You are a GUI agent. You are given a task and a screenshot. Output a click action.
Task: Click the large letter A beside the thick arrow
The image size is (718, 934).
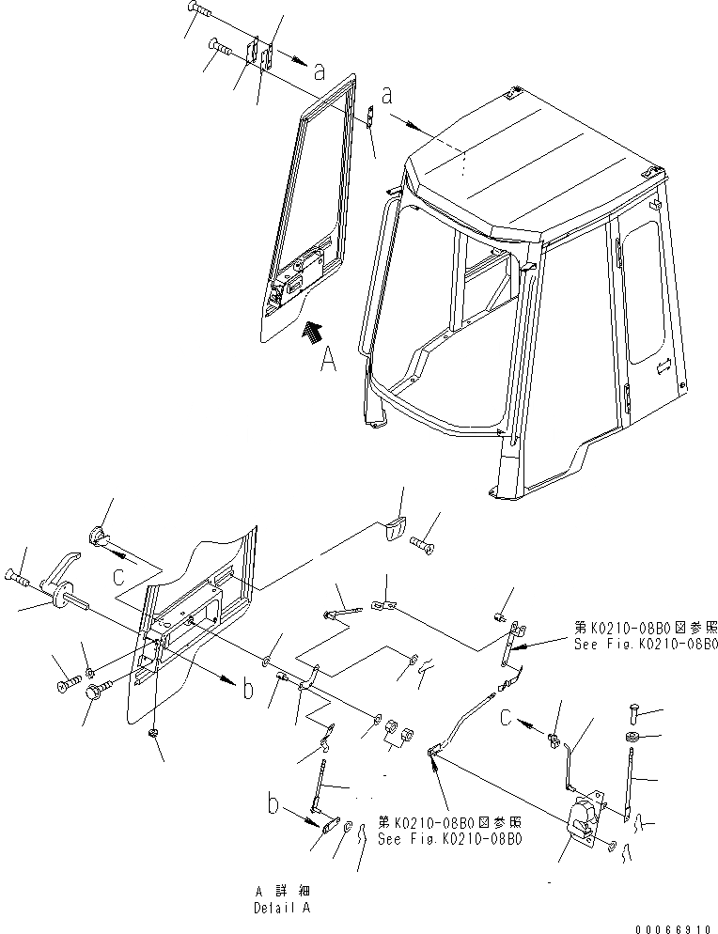coord(326,362)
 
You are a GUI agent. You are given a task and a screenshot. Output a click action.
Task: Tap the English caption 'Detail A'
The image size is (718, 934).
coord(280,909)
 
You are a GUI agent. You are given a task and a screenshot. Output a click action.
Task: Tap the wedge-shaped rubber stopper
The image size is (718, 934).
coord(394,529)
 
